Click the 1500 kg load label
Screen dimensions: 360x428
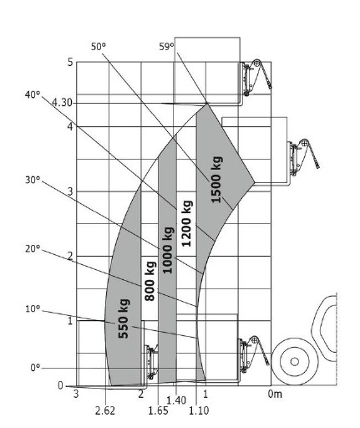point(216,180)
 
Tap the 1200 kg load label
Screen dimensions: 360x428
point(186,223)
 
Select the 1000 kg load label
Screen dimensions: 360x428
point(168,250)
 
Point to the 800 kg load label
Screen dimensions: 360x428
point(150,281)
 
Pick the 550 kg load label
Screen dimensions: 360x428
point(124,318)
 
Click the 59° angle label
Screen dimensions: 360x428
point(166,47)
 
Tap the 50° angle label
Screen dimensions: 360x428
point(99,46)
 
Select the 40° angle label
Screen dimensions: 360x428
point(33,94)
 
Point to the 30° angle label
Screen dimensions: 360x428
point(33,180)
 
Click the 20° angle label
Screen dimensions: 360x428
point(33,249)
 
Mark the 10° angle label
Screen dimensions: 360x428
point(33,308)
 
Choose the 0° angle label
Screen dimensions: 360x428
point(35,368)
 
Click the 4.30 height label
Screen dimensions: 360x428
point(63,103)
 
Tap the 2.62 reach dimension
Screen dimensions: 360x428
point(105,410)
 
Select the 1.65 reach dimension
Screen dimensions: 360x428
point(158,410)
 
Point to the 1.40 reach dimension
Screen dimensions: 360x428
point(176,400)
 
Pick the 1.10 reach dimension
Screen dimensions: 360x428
point(199,410)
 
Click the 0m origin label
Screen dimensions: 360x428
point(275,394)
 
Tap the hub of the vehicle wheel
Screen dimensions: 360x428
point(295,362)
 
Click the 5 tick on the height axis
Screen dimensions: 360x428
point(70,62)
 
